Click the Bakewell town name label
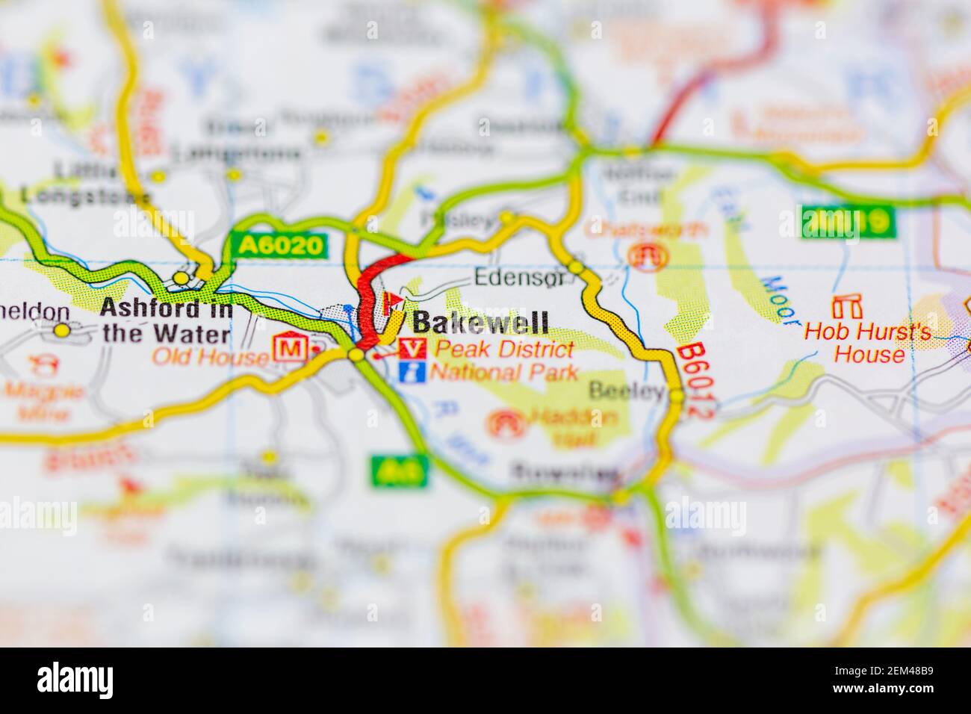480,323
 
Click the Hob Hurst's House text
868,342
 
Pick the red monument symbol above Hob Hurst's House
846,305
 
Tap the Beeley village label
626,390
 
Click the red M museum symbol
290,349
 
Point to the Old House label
210,357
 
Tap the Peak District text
505,349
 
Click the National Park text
505,372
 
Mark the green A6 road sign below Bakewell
400,471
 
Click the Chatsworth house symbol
645,255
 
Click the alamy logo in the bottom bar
75,680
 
